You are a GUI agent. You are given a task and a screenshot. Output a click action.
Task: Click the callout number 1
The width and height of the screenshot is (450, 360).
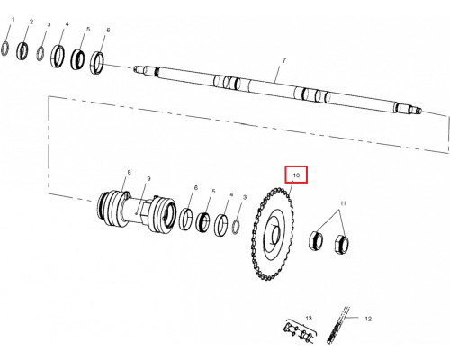tap(13, 20)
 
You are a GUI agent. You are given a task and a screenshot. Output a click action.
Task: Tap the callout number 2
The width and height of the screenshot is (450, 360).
tap(31, 22)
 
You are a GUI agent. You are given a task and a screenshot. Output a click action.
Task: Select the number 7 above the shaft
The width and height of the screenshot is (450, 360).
tap(284, 60)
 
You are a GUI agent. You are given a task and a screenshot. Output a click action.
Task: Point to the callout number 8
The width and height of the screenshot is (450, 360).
tap(129, 172)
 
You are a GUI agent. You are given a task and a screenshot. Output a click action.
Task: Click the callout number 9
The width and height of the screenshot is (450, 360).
tap(148, 179)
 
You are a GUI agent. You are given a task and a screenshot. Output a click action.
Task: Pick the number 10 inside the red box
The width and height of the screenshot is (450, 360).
tap(296, 175)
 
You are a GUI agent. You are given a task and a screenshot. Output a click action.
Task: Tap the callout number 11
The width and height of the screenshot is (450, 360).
tap(343, 203)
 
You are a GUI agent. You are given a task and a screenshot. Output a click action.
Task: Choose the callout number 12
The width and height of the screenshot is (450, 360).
tap(368, 319)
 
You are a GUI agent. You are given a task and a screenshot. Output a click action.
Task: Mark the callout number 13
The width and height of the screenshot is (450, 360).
tap(309, 318)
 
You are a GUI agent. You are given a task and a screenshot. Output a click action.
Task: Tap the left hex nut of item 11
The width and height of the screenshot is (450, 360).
tap(316, 240)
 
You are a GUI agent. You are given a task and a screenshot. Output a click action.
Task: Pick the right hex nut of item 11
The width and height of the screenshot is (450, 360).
tap(342, 243)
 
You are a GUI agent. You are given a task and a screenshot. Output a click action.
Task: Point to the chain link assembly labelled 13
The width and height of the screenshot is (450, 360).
tap(300, 330)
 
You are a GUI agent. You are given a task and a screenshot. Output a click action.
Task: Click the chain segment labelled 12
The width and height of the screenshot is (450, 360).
tap(338, 325)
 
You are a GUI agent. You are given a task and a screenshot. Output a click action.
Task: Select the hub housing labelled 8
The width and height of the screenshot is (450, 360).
tap(137, 212)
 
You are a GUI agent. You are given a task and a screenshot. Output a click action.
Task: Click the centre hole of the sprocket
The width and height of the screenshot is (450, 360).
tap(276, 234)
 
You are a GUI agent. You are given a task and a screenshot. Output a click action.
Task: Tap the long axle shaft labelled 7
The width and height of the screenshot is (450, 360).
tap(277, 89)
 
